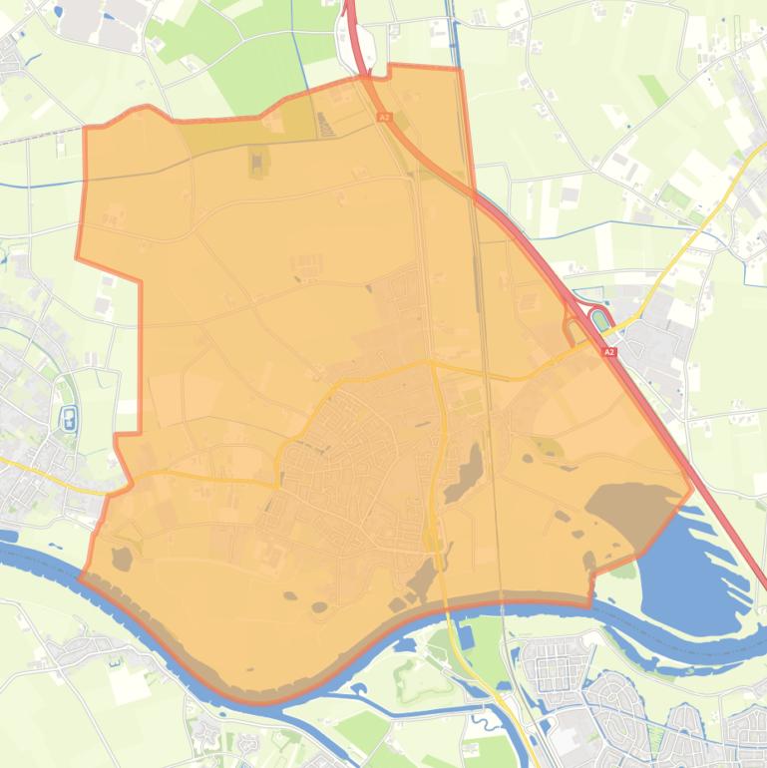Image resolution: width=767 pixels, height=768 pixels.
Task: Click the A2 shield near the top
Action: click(x=383, y=117)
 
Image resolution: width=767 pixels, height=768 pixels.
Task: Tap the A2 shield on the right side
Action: click(x=609, y=352)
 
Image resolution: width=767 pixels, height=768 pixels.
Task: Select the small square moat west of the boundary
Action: click(x=69, y=420)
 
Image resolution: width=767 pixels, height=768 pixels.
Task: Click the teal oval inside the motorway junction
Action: click(x=599, y=320)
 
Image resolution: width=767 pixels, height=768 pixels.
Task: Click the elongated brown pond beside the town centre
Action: click(x=465, y=475)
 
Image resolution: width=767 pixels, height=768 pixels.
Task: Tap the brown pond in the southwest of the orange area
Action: click(x=122, y=559)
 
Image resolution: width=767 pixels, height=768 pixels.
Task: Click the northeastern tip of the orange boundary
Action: click(x=460, y=70)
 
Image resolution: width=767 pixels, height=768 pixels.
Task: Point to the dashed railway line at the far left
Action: click(x=40, y=135)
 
